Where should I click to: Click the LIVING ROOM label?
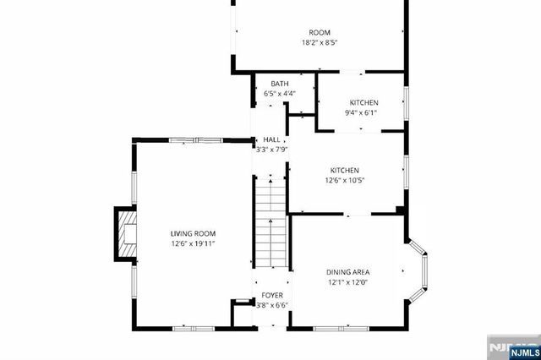(193, 234)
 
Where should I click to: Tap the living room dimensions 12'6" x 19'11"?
(193, 244)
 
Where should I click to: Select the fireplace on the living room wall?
(125, 233)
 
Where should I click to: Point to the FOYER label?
(272, 296)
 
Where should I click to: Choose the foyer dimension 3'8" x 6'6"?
(272, 305)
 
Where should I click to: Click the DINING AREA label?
(348, 272)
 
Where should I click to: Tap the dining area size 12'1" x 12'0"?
(348, 282)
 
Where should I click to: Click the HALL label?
(272, 139)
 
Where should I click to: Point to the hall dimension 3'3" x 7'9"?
(272, 150)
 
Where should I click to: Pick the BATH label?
(279, 84)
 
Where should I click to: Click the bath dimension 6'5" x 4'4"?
(279, 93)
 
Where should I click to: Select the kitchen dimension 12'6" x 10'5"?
(345, 180)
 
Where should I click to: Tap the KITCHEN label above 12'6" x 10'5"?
(345, 170)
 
